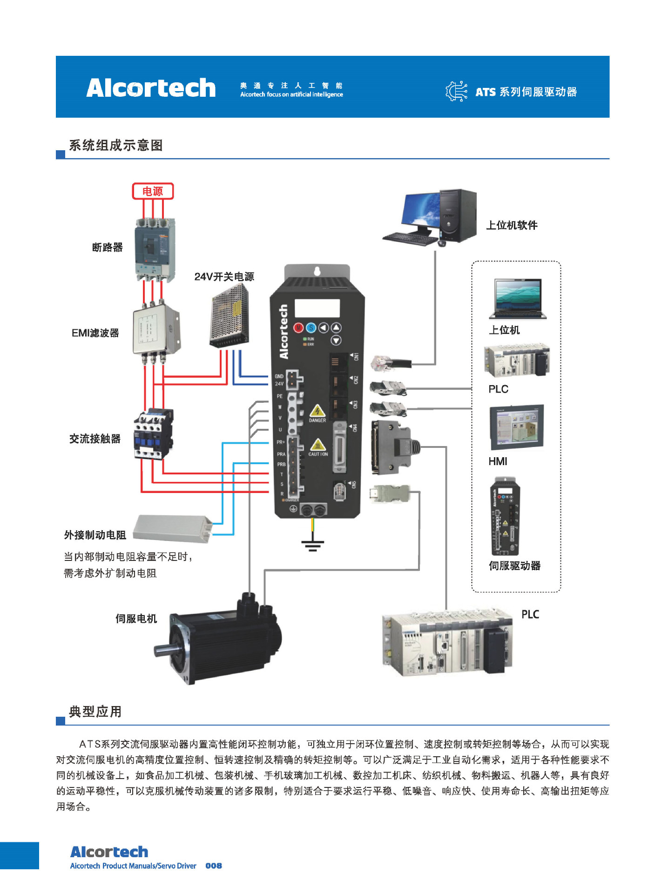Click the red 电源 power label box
point(153,191)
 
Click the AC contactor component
point(154,433)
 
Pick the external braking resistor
point(172,528)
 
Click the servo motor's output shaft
point(162,650)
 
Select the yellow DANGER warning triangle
point(317,411)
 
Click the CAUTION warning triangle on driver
point(317,445)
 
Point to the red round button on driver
point(298,328)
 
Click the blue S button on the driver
point(311,328)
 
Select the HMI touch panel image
point(516,427)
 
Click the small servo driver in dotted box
point(506,516)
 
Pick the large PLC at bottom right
point(447,642)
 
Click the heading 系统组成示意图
point(116,146)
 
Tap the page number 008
point(214,866)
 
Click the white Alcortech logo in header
point(151,88)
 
